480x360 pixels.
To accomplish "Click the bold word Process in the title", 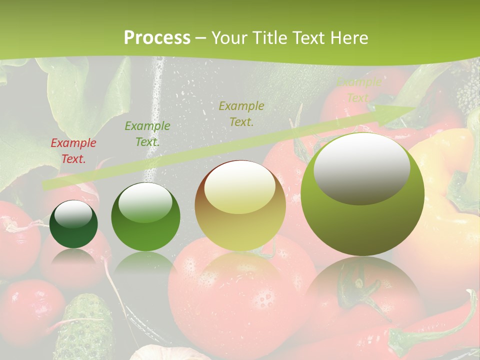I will (157, 38).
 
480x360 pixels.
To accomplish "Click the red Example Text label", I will (73, 151).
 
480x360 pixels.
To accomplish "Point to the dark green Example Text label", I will (147, 134).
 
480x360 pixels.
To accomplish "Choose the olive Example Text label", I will (241, 113).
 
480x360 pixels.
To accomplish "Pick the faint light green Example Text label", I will (358, 90).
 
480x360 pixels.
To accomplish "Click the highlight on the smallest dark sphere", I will (73, 214).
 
